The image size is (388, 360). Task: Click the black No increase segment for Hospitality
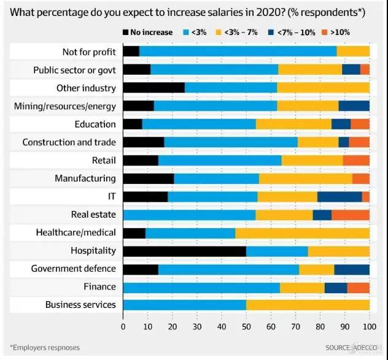click(184, 251)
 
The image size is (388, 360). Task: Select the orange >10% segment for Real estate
click(351, 215)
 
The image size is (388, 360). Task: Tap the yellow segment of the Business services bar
click(308, 305)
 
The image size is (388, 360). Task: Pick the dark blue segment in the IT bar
click(340, 196)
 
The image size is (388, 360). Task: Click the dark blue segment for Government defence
click(352, 269)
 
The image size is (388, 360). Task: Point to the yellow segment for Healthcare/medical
click(302, 232)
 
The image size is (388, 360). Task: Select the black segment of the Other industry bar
click(153, 88)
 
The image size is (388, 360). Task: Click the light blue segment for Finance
click(201, 287)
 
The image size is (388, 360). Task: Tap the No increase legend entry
click(145, 32)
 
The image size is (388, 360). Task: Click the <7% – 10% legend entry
click(294, 32)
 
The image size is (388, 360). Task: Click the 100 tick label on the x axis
click(369, 327)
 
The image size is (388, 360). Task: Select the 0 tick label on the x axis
click(123, 327)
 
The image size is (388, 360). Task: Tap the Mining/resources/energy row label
click(65, 106)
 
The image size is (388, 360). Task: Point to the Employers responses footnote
click(45, 348)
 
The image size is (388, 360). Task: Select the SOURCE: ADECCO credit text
click(347, 348)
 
